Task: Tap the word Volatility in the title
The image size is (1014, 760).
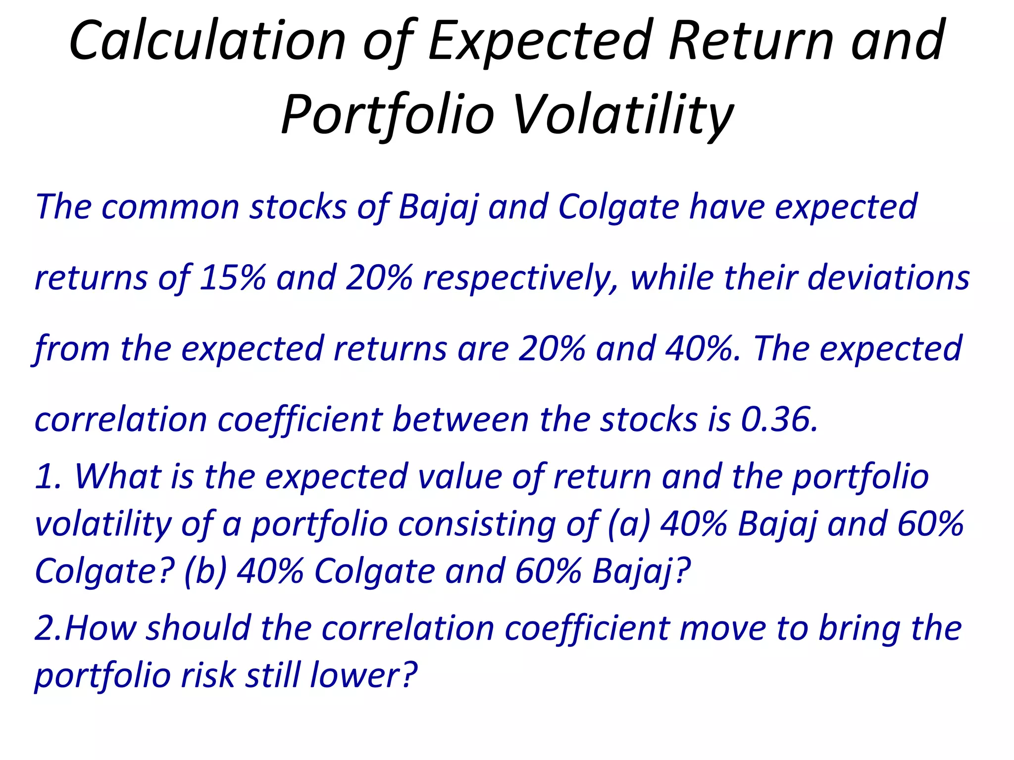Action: click(x=622, y=115)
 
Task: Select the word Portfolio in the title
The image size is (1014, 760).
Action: click(x=388, y=115)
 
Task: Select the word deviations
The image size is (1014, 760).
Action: click(x=888, y=278)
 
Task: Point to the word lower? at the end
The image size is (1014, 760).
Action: click(x=364, y=675)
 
